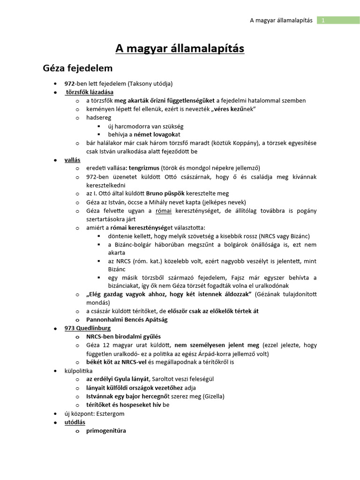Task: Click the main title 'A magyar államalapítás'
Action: pos(180,49)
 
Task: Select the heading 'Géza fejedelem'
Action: pos(78,68)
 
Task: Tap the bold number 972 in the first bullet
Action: pos(70,83)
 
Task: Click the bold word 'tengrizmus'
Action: pos(144,168)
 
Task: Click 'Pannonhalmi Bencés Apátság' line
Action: pos(127,319)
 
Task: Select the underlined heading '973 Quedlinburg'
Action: pos(88,328)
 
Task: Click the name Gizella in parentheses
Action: pos(214,396)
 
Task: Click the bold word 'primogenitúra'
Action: pos(106,431)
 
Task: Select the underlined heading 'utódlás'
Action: pos(75,422)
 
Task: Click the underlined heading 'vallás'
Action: pos(72,159)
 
